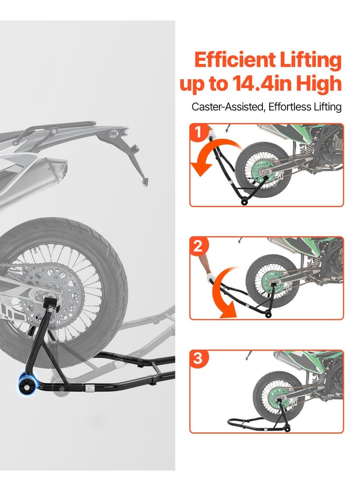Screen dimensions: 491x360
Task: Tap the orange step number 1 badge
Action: [x=199, y=132]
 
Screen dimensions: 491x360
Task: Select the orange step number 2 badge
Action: [x=199, y=246]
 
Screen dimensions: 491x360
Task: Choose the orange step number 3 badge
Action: [x=199, y=359]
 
